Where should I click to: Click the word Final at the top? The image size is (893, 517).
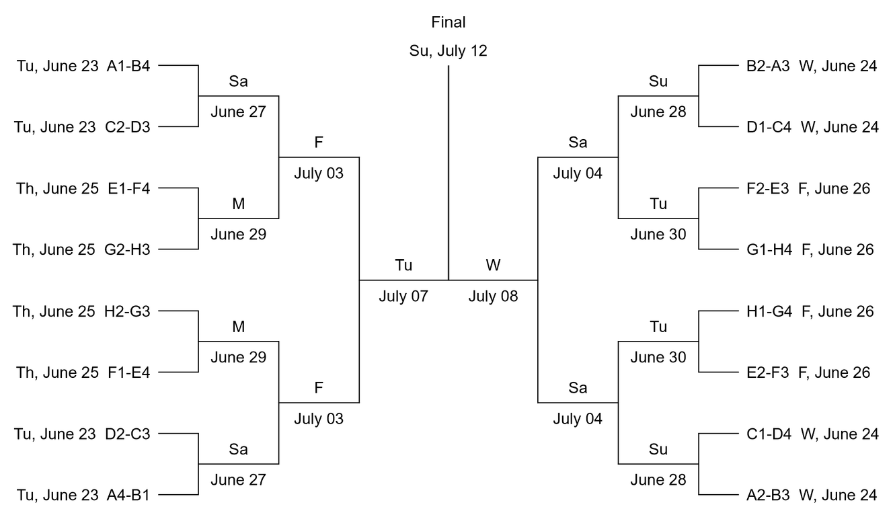449,22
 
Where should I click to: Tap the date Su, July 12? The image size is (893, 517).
449,50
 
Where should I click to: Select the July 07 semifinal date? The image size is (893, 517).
403,296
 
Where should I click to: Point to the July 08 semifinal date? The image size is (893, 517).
494,296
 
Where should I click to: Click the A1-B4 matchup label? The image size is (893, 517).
128,66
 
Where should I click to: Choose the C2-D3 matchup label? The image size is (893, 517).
128,127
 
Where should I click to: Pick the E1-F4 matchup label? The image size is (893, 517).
128,188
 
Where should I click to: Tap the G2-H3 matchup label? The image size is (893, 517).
128,249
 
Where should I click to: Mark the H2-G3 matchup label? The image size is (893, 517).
128,311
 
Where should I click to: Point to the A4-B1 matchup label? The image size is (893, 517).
128,495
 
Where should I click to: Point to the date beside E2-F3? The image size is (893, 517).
834,372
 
